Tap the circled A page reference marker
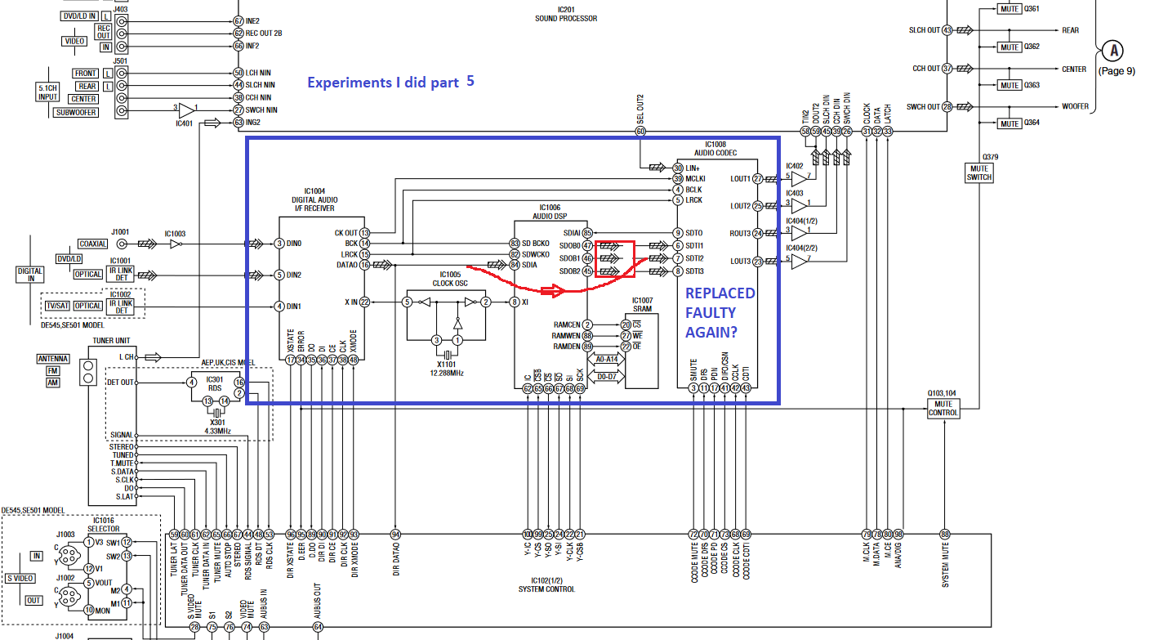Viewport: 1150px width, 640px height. (x=1112, y=51)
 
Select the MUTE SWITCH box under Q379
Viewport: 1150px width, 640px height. (x=978, y=172)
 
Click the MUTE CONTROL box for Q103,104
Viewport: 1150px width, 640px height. (x=943, y=409)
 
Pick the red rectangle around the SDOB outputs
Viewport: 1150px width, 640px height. (x=615, y=259)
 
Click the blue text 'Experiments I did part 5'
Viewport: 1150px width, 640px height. (x=390, y=82)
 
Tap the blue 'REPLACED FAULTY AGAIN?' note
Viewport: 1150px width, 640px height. (x=720, y=312)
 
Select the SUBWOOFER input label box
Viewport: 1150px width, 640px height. (x=76, y=112)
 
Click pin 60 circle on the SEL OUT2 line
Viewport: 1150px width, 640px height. (x=640, y=131)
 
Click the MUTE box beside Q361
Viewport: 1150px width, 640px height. (x=1009, y=9)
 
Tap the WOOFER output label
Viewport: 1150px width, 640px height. (x=1075, y=107)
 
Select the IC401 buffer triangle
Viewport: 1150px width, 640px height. (x=187, y=110)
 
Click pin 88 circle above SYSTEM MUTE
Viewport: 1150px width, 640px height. (x=946, y=535)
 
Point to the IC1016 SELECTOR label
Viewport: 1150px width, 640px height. (x=104, y=524)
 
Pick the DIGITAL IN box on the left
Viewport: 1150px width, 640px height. (x=30, y=275)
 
